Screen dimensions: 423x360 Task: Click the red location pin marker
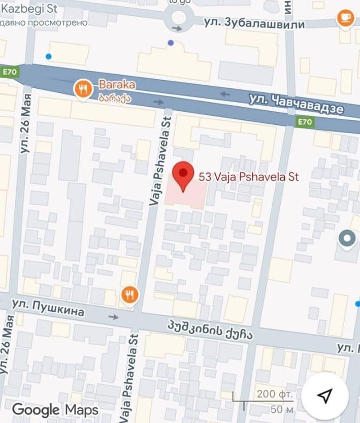coord(183,176)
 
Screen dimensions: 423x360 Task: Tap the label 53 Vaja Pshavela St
coord(248,177)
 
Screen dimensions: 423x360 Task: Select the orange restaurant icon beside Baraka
coord(83,89)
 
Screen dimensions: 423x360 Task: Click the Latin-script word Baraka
coord(116,85)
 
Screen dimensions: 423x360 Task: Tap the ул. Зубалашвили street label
coord(254,23)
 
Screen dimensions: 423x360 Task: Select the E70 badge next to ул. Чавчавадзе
coord(305,122)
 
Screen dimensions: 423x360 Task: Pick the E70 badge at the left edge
coord(10,72)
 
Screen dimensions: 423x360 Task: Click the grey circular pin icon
coord(348,238)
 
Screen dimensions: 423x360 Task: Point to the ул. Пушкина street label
coord(48,307)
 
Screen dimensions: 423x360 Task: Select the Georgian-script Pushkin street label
coord(210,331)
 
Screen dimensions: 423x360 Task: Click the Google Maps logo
coord(55,409)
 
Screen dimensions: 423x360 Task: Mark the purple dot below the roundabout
coord(171,43)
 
